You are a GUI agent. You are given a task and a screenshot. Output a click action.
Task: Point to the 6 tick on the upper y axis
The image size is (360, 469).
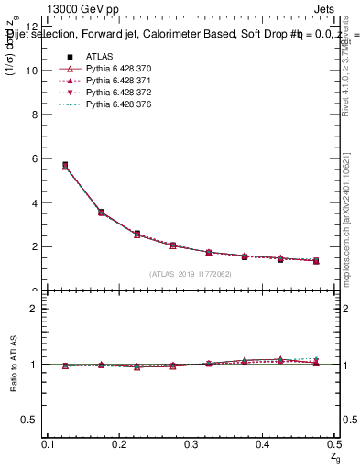pos(35,158)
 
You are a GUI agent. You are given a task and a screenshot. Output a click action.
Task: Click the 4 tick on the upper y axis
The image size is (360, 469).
pos(35,202)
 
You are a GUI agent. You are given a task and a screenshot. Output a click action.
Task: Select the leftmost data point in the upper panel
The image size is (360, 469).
pos(65,166)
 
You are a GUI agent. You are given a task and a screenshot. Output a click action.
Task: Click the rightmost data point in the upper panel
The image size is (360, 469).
pos(316,261)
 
